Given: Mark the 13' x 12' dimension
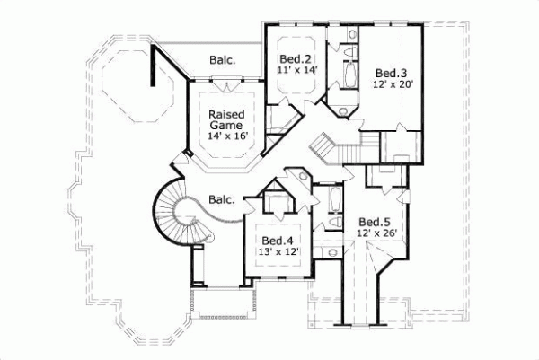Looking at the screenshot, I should click(278, 254).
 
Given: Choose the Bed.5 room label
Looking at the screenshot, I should click(375, 222).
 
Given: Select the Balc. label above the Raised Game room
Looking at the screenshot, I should click(223, 60).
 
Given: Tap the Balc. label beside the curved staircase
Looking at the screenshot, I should click(221, 199).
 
